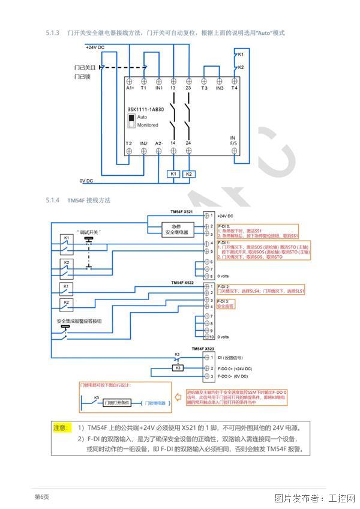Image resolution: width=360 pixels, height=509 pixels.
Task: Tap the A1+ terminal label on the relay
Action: point(130,89)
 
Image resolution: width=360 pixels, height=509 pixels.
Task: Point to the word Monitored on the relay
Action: point(148,125)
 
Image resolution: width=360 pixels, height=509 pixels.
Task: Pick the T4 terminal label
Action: point(233,89)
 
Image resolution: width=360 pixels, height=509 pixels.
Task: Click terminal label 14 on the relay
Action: point(173,143)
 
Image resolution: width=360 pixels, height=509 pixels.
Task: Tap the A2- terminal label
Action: point(158,143)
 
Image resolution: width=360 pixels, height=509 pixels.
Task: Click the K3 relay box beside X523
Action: point(178,367)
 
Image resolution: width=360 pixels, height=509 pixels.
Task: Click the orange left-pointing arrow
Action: point(178,397)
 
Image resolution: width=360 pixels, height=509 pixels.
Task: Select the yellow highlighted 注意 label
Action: point(62,427)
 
